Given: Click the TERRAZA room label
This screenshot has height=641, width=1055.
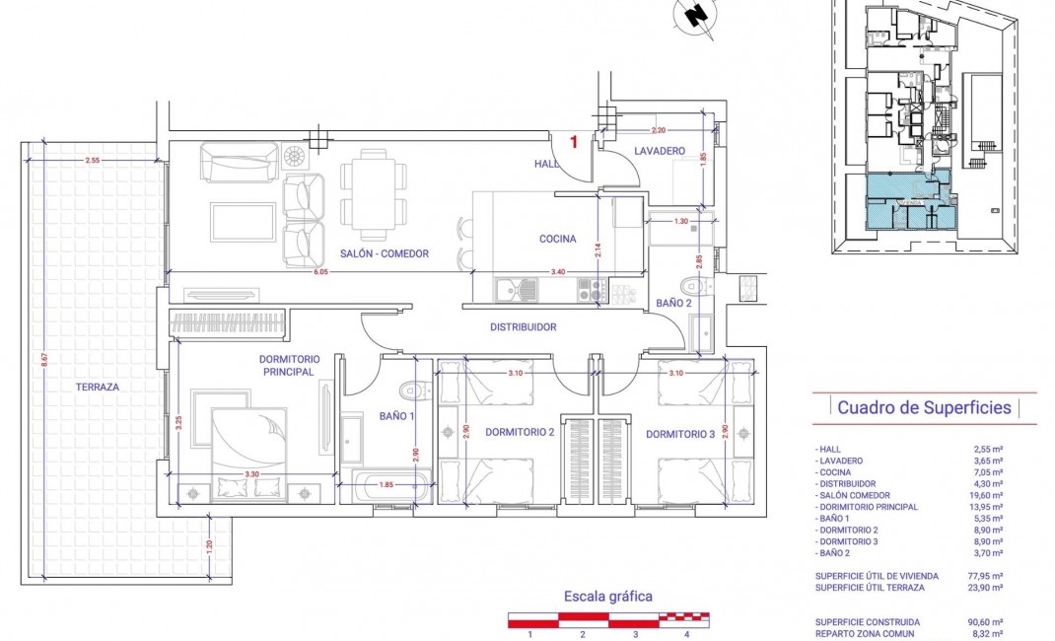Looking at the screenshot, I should pos(97,388).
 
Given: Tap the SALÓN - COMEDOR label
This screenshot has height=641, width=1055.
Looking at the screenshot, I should pos(384,253).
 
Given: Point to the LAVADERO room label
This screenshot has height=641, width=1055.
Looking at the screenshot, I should pos(660,151).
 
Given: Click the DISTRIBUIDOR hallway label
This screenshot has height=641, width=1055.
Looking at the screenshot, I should pos(524,327).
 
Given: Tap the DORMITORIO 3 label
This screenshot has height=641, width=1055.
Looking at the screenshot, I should pos(681,434).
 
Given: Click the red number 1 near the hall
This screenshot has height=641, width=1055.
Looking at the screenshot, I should pos(574,141).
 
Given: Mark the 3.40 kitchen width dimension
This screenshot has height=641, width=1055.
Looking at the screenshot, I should pos(557,271).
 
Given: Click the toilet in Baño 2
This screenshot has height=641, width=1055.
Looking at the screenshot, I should pos(696,286).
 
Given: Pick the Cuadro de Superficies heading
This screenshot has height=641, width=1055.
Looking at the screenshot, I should pos(924,407).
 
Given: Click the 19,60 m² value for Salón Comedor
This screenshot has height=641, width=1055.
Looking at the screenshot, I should pos(987,496).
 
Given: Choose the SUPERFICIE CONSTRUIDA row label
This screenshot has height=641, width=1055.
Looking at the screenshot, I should pos(868,622).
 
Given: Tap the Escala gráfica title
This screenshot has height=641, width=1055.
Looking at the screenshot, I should pos(607,596).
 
